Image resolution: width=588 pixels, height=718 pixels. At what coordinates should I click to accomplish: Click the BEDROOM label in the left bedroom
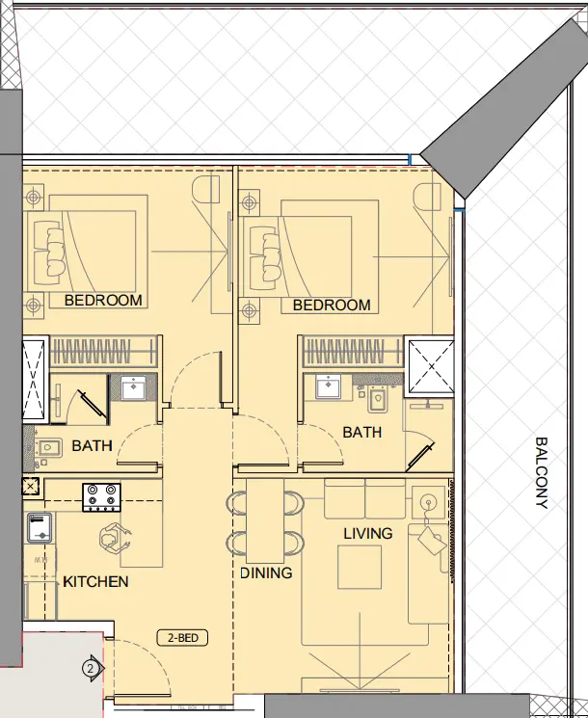103,301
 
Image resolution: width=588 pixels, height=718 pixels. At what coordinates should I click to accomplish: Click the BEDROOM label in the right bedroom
332,306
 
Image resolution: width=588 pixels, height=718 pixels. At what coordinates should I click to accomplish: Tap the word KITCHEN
95,582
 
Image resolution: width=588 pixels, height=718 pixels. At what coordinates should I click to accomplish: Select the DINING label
266,573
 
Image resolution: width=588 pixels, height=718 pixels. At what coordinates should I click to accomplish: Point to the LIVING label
368,533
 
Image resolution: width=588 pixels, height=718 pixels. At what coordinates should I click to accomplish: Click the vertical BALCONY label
542,472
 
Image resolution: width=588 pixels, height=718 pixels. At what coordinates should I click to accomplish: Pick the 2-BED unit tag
182,638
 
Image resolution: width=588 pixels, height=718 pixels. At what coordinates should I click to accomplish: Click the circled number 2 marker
91,667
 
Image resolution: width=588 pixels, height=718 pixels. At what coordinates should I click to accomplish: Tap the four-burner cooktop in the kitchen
102,496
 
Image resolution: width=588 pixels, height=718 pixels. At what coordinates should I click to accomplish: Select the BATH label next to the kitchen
92,446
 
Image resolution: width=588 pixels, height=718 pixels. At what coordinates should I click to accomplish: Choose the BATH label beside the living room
361,433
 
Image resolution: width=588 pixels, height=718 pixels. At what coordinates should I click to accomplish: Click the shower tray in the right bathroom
428,365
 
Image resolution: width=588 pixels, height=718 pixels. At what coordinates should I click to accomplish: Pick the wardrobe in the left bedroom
103,348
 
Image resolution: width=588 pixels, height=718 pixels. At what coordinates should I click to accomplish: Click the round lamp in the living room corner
427,501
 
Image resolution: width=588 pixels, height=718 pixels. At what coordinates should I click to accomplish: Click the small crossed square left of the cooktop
30,488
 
